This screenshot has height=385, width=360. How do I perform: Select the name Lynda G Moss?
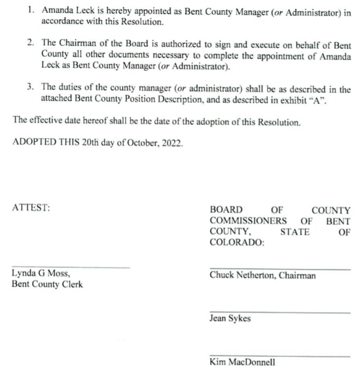pos(41,274)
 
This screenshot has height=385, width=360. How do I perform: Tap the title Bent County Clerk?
pos(47,285)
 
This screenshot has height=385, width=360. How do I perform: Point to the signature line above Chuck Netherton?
pos(280,269)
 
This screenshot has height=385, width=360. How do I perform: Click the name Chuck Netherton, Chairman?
pos(263,276)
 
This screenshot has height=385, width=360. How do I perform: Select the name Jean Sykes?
pos(230,319)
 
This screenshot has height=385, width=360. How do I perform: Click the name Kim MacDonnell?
pos(242,363)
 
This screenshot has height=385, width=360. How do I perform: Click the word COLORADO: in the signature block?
pos(237,243)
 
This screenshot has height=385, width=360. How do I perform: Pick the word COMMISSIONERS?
pos(248,221)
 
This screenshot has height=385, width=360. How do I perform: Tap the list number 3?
pos(31,88)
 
